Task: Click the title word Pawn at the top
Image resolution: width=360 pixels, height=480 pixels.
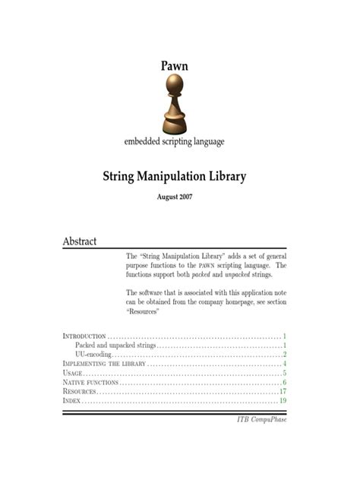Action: (x=174, y=66)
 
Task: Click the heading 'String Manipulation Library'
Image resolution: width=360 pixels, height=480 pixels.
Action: (x=174, y=178)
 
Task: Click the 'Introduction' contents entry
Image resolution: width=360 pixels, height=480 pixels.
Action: (x=84, y=336)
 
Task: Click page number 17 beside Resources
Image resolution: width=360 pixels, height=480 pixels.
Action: (x=282, y=391)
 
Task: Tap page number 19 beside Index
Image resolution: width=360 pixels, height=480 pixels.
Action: (x=282, y=400)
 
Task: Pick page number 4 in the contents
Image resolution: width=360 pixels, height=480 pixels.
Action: (x=284, y=364)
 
